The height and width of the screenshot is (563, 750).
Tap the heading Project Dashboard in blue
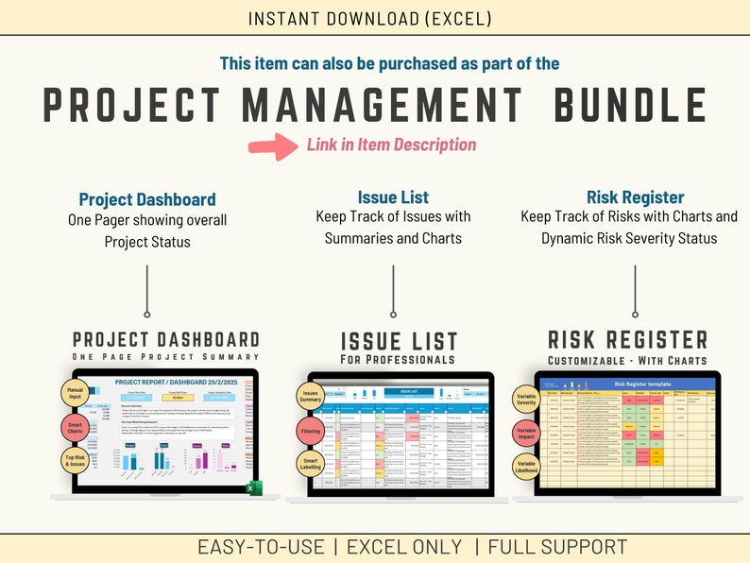pos(146,199)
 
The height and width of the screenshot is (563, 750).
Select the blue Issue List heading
pos(393,197)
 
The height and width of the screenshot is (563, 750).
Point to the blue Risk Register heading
pos(635,197)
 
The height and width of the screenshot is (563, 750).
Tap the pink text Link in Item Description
pos(391,145)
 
